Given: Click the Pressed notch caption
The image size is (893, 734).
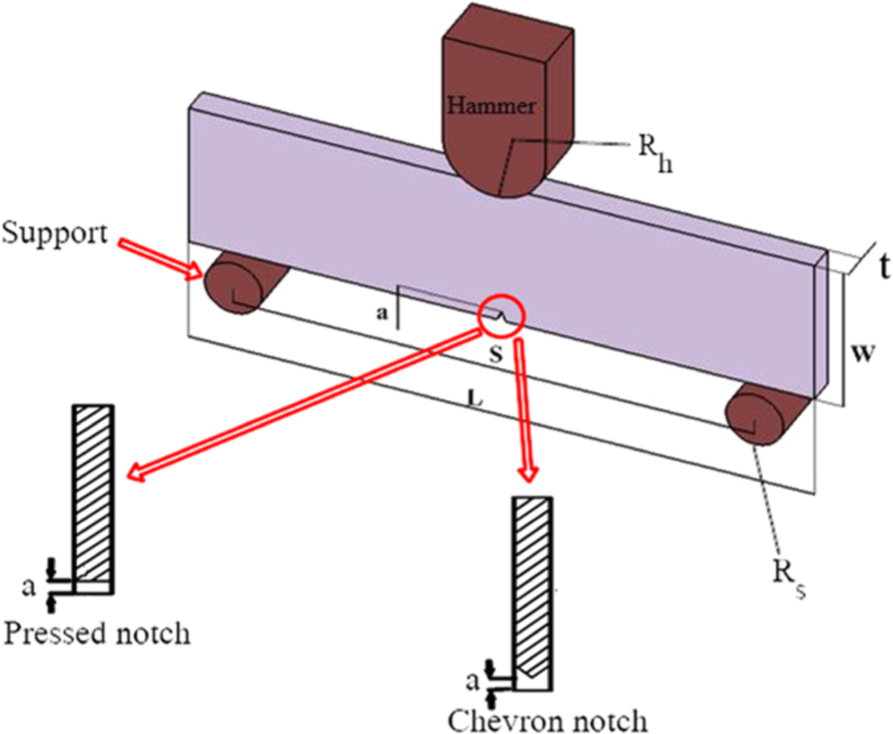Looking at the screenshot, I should pyautogui.click(x=96, y=632).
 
